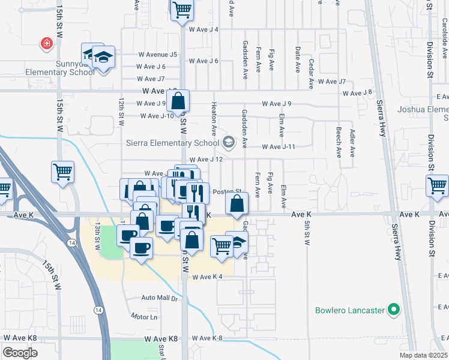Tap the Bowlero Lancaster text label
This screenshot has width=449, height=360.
(350, 310)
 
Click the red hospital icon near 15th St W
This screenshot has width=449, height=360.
(46, 43)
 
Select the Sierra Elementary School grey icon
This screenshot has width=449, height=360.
(228, 142)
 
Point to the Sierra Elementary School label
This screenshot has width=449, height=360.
(172, 143)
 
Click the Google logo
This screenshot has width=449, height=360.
(20, 353)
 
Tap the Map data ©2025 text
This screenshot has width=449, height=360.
(423, 355)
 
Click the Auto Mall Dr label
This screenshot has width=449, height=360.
(160, 298)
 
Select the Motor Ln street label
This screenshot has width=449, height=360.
(145, 316)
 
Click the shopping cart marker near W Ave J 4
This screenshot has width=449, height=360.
(182, 10)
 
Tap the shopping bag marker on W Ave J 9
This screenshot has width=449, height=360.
(178, 100)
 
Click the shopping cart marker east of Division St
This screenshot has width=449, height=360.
(437, 185)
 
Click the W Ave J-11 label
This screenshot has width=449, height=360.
(279, 147)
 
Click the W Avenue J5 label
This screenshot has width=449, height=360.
(158, 54)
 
